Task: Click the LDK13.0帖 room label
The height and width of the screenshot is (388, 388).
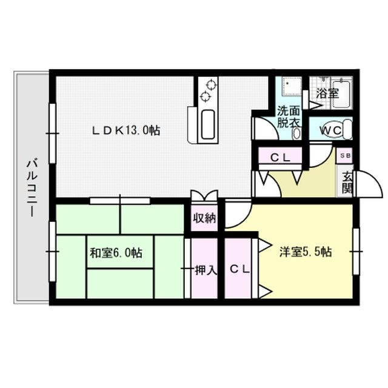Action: pyautogui.click(x=126, y=130)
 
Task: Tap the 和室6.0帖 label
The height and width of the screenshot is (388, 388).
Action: pyautogui.click(x=116, y=253)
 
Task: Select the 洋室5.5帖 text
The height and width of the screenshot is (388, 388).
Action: pyautogui.click(x=305, y=252)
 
